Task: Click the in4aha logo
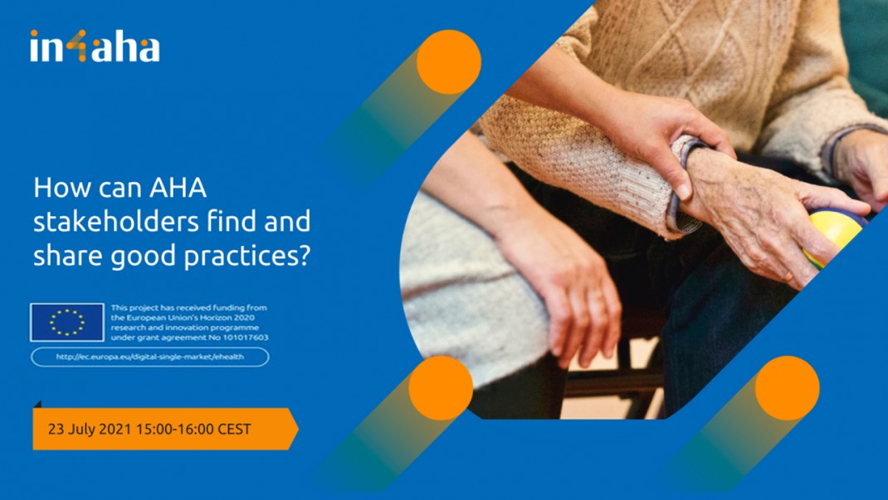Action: pyautogui.click(x=95, y=46)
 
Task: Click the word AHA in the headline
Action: pyautogui.click(x=178, y=188)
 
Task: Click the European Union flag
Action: pyautogui.click(x=67, y=322)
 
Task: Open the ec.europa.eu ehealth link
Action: pyautogui.click(x=150, y=357)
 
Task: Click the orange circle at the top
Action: pyautogui.click(x=448, y=61)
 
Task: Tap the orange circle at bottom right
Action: pyautogui.click(x=787, y=388)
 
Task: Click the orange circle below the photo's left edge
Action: pyautogui.click(x=441, y=388)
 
